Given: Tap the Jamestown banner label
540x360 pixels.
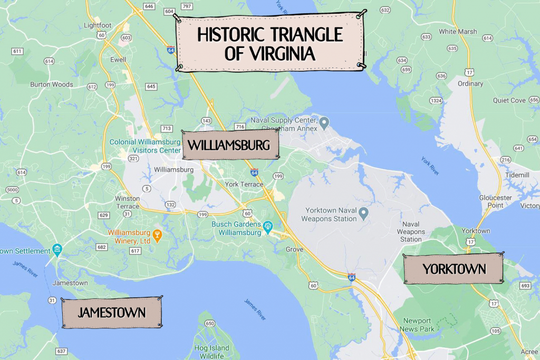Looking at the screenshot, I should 112,313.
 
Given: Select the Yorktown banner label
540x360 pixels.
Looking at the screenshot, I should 454,269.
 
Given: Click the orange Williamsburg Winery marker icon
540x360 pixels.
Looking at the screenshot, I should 157,234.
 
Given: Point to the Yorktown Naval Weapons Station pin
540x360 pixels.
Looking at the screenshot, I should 363,213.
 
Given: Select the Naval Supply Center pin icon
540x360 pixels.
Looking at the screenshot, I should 324,124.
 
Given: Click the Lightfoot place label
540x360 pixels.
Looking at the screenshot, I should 98,25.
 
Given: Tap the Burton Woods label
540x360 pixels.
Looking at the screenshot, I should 52,84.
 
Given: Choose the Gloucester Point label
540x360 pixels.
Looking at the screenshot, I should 495,201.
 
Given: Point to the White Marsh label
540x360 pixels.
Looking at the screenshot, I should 458,32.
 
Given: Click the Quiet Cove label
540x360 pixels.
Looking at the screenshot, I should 509,100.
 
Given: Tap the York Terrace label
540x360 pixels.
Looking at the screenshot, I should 244,184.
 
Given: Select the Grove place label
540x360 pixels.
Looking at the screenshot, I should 294,249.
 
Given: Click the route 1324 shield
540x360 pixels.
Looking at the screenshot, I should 436,100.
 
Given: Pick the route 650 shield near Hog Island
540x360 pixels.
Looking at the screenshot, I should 210,324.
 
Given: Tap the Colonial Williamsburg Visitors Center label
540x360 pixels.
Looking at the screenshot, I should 145,145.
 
